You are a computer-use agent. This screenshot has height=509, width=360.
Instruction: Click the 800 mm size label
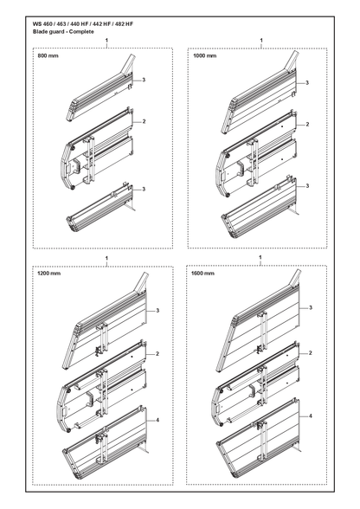48,55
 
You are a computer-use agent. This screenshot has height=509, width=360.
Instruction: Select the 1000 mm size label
204,55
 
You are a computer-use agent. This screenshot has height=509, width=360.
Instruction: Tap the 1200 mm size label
48,273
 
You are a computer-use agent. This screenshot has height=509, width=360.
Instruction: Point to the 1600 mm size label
202,273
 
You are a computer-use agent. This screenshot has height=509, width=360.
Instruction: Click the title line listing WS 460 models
83,24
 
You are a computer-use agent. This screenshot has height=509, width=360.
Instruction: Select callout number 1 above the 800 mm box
106,40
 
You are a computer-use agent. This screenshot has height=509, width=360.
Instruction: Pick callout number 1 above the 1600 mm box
260,257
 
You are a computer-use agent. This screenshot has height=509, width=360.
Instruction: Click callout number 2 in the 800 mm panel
144,121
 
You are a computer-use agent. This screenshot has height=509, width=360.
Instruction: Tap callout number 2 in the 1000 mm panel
307,124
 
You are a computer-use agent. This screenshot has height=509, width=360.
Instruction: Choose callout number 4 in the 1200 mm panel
157,420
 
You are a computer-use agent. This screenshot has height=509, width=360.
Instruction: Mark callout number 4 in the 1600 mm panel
311,416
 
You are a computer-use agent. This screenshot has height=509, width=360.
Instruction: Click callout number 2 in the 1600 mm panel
311,353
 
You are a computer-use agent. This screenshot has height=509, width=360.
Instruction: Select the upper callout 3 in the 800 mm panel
144,80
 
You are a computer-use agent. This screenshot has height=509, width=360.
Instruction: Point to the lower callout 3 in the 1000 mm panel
307,186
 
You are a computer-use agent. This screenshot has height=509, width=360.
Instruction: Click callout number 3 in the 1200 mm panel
157,311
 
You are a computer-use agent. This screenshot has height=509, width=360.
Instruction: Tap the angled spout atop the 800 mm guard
129,63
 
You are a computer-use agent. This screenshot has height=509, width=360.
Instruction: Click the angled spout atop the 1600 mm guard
295,279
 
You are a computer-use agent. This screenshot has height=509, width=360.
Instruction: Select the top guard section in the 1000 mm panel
260,94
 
